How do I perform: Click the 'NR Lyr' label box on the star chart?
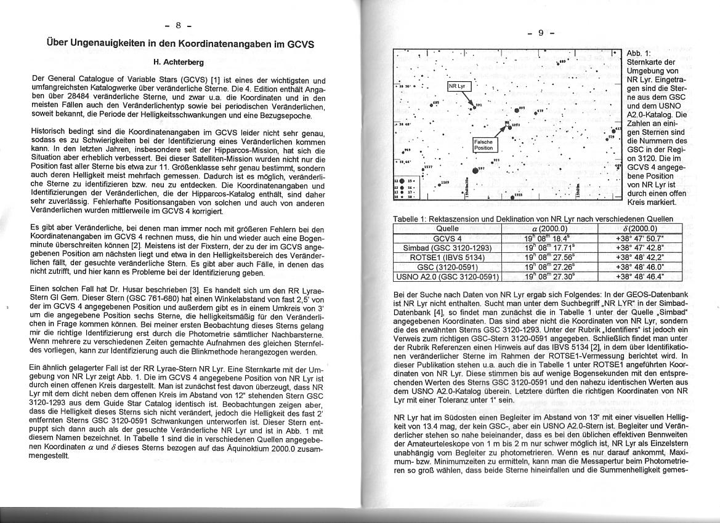tap(457, 86)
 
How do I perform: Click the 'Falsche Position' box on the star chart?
tap(483, 145)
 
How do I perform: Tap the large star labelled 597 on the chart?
tap(475, 170)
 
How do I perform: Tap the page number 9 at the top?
tap(541, 33)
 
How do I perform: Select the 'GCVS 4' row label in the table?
tap(448, 238)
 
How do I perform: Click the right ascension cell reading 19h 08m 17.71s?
tap(551, 247)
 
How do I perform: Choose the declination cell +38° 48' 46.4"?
tap(640, 276)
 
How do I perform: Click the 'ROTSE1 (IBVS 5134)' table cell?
tap(448, 257)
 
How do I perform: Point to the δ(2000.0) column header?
tap(640, 228)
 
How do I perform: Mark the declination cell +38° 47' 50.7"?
tap(640, 238)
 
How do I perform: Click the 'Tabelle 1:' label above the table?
tap(411, 220)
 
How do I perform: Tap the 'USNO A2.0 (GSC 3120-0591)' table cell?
tap(448, 276)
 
